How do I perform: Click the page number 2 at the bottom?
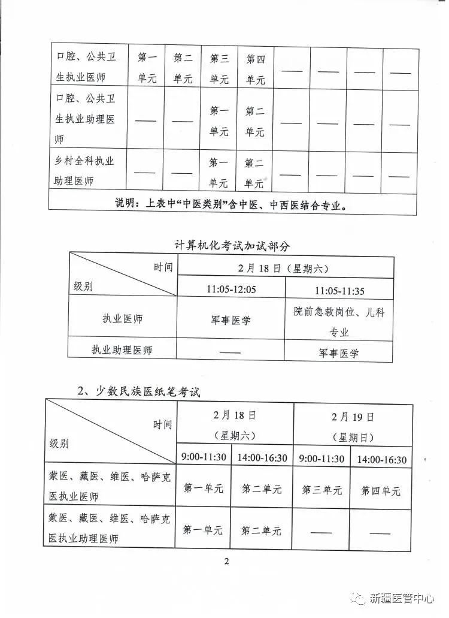[227, 561]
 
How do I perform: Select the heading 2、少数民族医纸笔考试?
[139, 391]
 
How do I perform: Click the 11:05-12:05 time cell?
[231, 290]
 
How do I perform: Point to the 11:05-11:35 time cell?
[339, 290]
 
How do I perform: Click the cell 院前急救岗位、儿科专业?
[339, 321]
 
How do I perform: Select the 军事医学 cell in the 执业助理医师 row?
[339, 353]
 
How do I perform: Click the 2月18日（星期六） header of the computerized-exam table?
[286, 268]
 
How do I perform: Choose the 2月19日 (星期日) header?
[353, 426]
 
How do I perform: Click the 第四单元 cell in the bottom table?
[381, 491]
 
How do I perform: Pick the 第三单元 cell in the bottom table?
[322, 490]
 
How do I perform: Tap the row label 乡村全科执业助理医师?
[84, 171]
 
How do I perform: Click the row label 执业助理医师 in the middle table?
[122, 350]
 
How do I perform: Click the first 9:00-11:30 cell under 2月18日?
[204, 457]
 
